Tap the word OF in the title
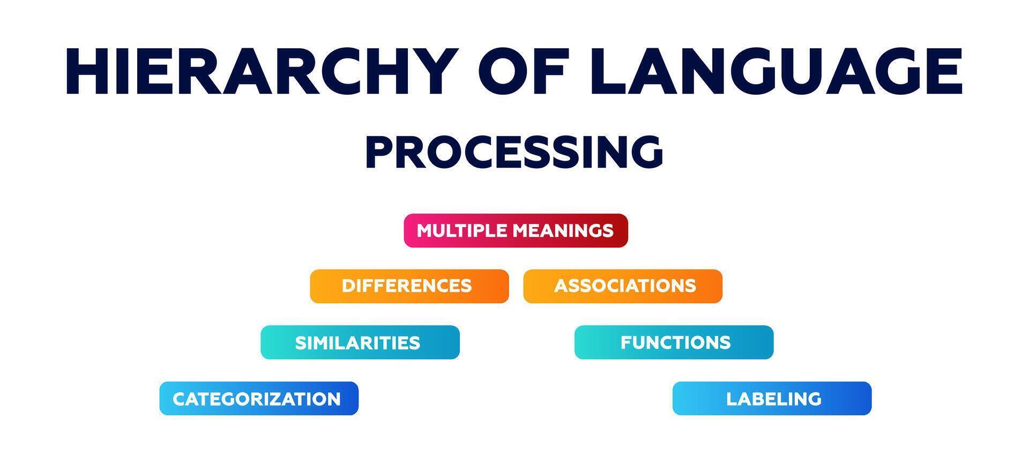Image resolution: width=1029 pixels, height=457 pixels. [525, 71]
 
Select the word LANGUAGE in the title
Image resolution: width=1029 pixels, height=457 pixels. [777, 71]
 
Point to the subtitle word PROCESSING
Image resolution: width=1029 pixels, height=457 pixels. [514, 152]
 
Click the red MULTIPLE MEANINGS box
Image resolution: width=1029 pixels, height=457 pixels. [516, 230]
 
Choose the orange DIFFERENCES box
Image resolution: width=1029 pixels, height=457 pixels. [409, 286]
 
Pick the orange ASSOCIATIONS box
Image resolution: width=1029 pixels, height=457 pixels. [623, 286]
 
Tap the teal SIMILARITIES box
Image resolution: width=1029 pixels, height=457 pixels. [360, 342]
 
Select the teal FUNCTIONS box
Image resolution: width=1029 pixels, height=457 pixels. [674, 342]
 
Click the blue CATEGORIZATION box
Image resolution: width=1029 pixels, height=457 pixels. [259, 398]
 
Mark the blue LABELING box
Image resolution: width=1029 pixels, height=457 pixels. [772, 398]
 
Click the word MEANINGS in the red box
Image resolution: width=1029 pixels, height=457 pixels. [563, 230]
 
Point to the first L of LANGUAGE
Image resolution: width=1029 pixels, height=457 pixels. [610, 71]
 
